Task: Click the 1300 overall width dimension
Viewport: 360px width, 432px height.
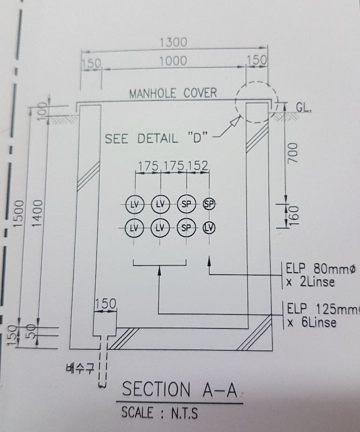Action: (174, 42)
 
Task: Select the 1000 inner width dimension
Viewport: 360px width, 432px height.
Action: (174, 61)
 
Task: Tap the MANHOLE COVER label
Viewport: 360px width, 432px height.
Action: (173, 93)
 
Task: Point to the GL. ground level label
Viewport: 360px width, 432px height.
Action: (304, 108)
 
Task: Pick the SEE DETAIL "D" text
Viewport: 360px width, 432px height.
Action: (156, 139)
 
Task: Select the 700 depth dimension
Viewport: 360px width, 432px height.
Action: (293, 153)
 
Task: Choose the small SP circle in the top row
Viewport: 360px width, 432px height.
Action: (209, 204)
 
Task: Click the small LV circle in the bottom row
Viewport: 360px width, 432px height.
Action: (209, 228)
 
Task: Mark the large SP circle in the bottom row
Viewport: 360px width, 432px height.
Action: (186, 228)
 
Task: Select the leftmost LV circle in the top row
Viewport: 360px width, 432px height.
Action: (135, 204)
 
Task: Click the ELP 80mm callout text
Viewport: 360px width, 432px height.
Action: (320, 275)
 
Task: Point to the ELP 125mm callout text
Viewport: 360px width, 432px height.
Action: (323, 315)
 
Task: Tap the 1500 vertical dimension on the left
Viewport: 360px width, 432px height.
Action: (19, 214)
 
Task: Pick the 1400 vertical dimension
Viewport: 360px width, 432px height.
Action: (38, 213)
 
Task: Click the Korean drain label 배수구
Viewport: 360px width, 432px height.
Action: (80, 368)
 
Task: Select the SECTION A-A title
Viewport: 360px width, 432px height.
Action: (180, 389)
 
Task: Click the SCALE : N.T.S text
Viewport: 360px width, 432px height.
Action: (160, 413)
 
